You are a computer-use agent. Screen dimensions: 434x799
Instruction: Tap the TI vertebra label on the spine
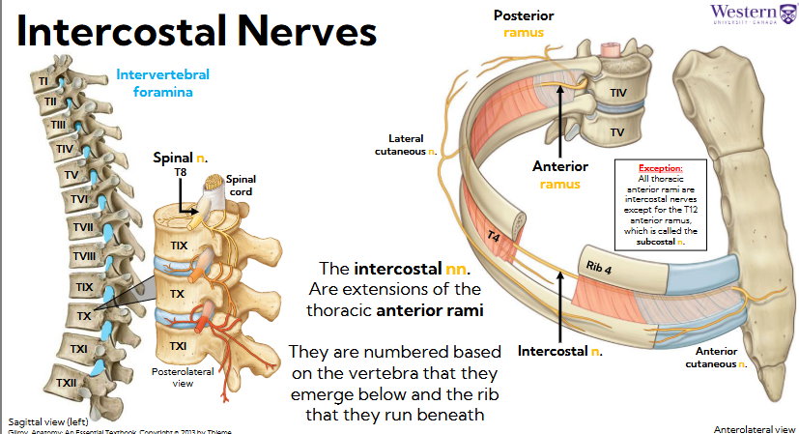(43, 80)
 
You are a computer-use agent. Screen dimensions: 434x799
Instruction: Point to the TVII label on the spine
(83, 228)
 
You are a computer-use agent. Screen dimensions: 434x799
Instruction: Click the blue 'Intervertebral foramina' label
(162, 84)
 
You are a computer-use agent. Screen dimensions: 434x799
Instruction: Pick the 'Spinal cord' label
(242, 184)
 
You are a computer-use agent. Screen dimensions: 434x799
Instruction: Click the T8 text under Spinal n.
(181, 172)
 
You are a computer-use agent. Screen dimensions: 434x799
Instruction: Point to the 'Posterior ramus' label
(524, 24)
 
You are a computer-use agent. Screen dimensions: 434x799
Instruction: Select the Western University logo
(753, 14)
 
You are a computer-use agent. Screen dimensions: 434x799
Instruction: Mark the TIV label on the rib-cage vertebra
(618, 93)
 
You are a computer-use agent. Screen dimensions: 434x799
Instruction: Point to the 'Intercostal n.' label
(559, 350)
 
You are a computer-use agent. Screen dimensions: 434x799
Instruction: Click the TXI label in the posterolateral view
(179, 345)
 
